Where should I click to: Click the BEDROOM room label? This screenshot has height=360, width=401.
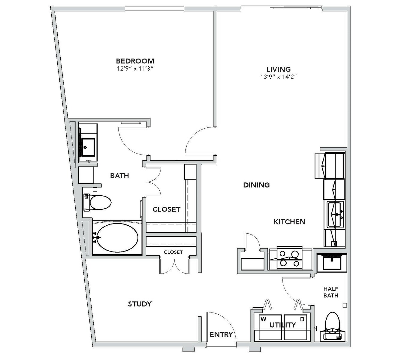click(x=135, y=61)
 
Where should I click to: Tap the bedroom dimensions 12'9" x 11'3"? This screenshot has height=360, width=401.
click(x=135, y=69)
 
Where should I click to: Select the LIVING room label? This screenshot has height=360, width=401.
click(x=279, y=69)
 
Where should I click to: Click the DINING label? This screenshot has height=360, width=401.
click(x=256, y=185)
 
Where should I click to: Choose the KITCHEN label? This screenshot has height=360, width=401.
click(x=289, y=222)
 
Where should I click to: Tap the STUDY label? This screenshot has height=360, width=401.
click(x=140, y=304)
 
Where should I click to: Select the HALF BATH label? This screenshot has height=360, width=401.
click(x=331, y=292)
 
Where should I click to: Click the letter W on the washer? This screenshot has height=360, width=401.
click(x=264, y=319)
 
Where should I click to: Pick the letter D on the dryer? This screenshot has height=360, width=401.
click(x=302, y=319)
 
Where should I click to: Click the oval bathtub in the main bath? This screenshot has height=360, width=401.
click(x=118, y=238)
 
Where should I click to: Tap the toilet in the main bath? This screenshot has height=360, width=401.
click(x=97, y=202)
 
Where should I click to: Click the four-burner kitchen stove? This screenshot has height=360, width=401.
click(x=289, y=258)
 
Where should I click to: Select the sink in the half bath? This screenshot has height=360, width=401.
click(x=332, y=263)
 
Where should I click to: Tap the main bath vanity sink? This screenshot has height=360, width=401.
click(x=88, y=148)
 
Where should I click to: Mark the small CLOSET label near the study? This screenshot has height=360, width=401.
click(x=173, y=252)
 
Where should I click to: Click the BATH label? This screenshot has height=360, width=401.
click(x=119, y=175)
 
